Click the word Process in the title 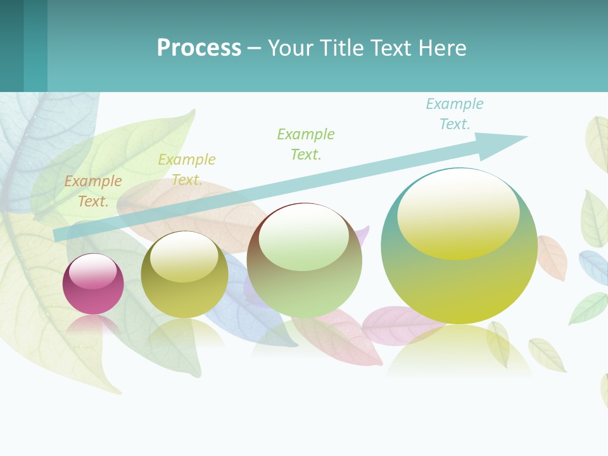point(199,48)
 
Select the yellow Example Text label point(187,170)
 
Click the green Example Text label point(306,144)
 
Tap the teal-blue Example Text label point(455,114)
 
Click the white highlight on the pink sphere point(93,271)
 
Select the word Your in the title point(289,48)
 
